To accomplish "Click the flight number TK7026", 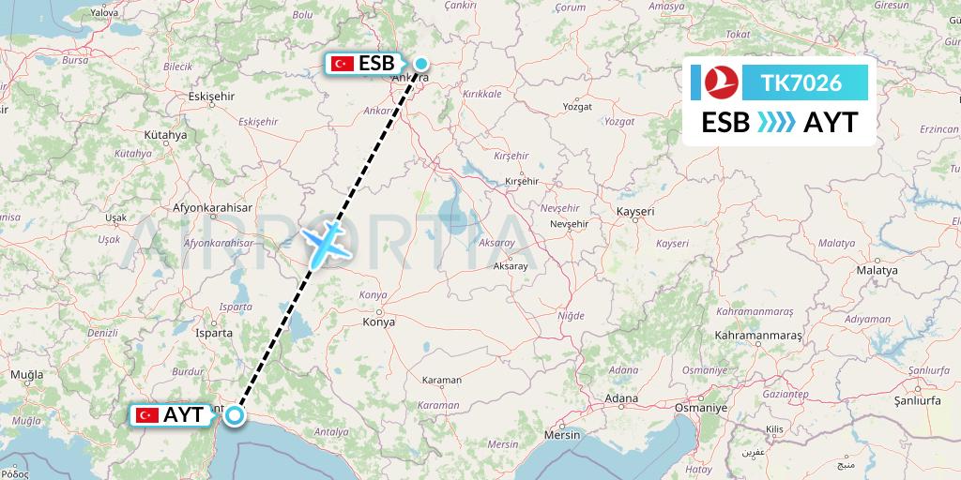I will click(x=803, y=83).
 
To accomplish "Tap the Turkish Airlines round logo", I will click(x=723, y=83).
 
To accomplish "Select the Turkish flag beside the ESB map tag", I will click(x=342, y=64).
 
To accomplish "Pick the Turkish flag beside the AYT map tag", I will click(x=147, y=414).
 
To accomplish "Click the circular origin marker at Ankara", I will click(x=421, y=65).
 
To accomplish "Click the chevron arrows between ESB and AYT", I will click(x=775, y=123).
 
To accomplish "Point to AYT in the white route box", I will click(x=830, y=123).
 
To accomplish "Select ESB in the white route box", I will click(x=725, y=123).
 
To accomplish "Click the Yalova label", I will click(x=105, y=13).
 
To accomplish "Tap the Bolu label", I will click(x=302, y=15).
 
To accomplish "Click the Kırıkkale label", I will click(x=482, y=94).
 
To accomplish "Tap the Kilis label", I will click(x=774, y=428).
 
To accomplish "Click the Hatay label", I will click(x=698, y=468).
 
